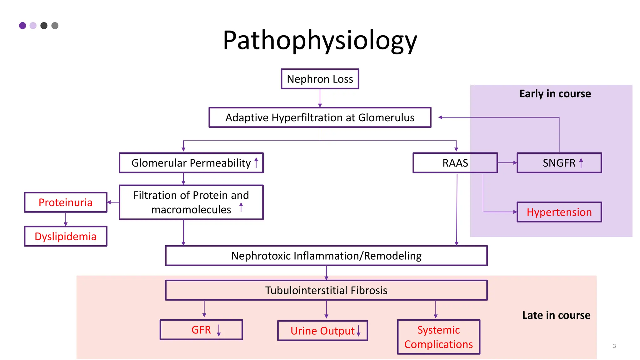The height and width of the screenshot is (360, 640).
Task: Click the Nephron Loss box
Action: coord(320,79)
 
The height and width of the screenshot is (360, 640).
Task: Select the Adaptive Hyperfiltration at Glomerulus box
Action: coord(320,117)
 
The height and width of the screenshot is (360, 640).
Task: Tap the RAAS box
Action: coord(455,163)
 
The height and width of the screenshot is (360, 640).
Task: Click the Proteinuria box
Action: coord(66,202)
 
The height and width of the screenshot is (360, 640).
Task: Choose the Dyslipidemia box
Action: coord(66,236)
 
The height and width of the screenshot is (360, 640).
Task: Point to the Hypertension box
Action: coord(559,212)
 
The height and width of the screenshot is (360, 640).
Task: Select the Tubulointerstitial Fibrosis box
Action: coord(326,290)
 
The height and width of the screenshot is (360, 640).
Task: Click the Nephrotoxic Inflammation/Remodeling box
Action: coord(326,256)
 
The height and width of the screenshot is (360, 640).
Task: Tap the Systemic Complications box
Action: coord(438,337)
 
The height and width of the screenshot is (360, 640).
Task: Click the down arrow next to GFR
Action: coord(219,330)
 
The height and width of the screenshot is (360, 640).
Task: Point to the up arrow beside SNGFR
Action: coord(581,163)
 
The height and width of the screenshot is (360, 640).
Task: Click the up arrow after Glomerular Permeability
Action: coord(256,163)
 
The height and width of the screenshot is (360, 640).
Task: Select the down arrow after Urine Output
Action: coord(358,331)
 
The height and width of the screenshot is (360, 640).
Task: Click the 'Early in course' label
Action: coord(555,94)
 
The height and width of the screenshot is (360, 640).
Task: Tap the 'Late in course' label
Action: coord(556,315)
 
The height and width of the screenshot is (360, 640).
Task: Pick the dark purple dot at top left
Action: coord(22,26)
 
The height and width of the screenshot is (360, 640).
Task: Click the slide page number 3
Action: coord(614,346)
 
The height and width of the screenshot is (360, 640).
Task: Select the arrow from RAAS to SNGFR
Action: coord(507,163)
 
